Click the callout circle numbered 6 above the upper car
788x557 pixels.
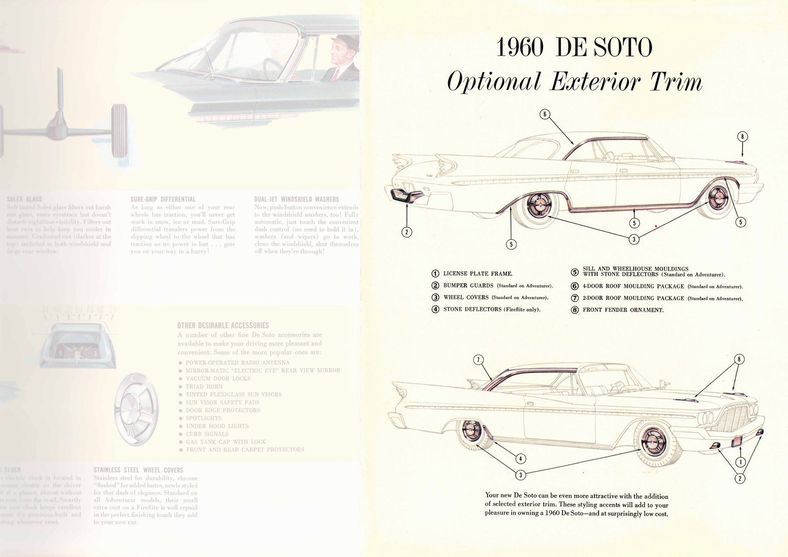coord(544,114)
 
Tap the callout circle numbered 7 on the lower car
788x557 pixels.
coord(478,360)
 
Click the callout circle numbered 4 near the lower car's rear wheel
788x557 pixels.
coord(521,459)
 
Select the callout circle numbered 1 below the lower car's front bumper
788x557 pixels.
coord(740,461)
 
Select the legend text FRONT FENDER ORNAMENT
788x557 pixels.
coord(623,310)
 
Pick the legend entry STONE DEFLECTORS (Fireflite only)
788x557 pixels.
coord(492,309)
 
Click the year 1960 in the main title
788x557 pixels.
coord(520,48)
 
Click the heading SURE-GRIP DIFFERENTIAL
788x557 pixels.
coord(163,199)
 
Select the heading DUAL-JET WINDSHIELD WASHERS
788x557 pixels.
coord(296,199)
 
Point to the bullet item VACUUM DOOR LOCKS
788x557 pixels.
coord(218,379)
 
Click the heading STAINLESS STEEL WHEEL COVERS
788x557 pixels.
coord(138,470)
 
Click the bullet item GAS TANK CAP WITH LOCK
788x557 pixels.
coord(226,442)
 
